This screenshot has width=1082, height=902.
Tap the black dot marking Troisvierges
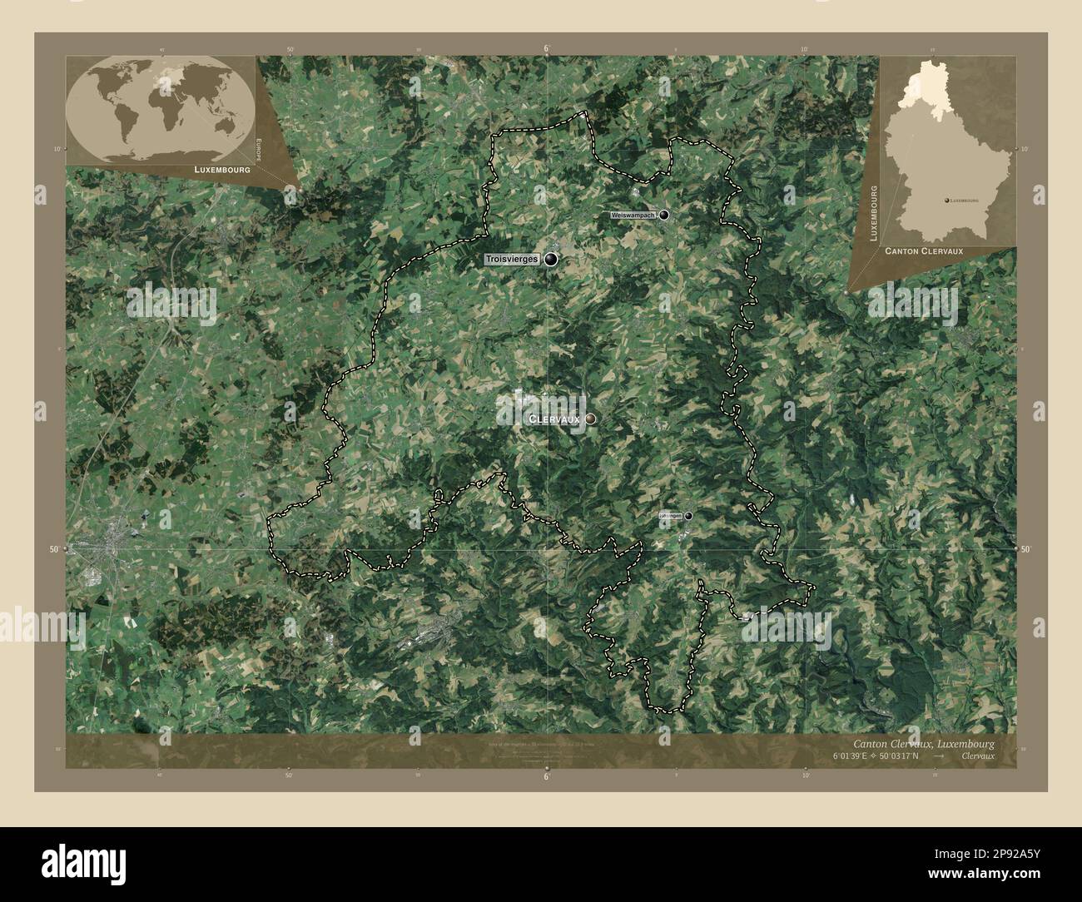point(551,260)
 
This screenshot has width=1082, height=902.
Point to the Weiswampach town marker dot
point(664,215)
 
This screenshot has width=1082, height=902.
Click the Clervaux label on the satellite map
point(554,419)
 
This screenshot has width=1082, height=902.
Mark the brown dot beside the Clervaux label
point(590,419)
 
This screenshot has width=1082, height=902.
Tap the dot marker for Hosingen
point(688,516)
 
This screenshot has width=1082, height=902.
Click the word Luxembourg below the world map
point(221,169)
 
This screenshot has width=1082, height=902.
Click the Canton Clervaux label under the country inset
point(924,250)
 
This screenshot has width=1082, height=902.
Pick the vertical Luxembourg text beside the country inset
point(874,213)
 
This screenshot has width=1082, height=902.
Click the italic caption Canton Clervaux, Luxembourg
point(923,743)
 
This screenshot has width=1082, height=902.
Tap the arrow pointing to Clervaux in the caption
point(939,756)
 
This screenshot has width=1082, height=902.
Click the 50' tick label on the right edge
point(1025,550)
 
